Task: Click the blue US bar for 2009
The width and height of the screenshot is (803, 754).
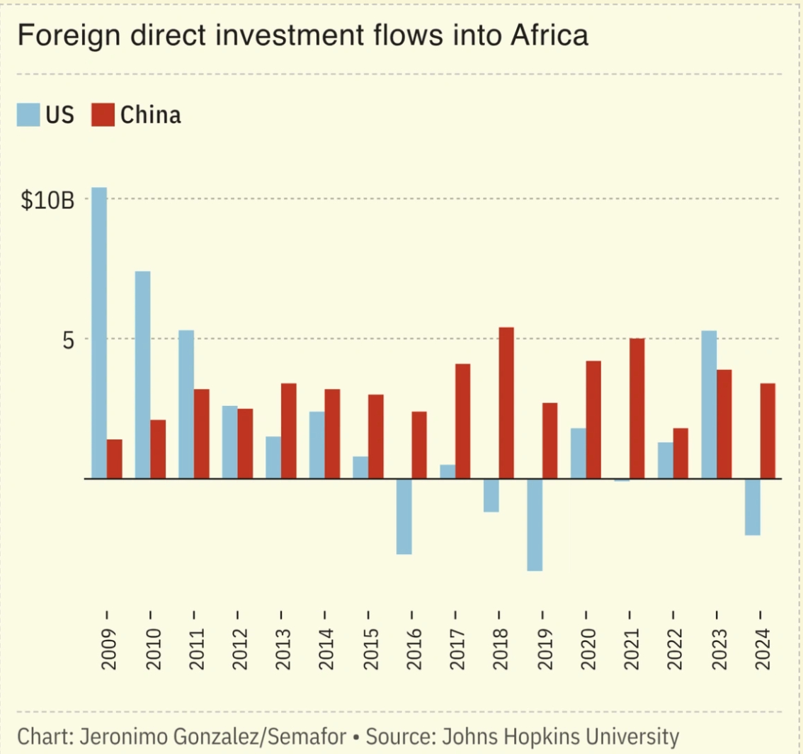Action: tap(99, 333)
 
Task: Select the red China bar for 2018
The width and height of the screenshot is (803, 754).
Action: tap(506, 403)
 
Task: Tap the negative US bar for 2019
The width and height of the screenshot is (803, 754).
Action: tap(534, 524)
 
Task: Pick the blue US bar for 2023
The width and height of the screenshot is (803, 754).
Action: tap(709, 405)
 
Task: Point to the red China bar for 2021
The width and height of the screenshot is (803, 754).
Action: tap(637, 408)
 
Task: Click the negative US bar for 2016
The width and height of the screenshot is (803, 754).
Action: tap(404, 516)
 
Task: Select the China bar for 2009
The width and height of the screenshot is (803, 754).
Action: tap(115, 458)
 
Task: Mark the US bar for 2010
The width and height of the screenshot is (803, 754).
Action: tap(142, 375)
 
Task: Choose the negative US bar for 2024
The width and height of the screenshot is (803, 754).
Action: tap(752, 507)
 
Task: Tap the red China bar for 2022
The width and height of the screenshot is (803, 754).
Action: tap(680, 454)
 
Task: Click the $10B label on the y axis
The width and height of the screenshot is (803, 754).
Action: tap(47, 201)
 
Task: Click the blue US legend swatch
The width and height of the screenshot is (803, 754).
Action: tap(28, 114)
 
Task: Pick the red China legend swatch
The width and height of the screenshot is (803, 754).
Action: tap(103, 114)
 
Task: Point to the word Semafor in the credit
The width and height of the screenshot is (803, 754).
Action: tap(314, 736)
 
